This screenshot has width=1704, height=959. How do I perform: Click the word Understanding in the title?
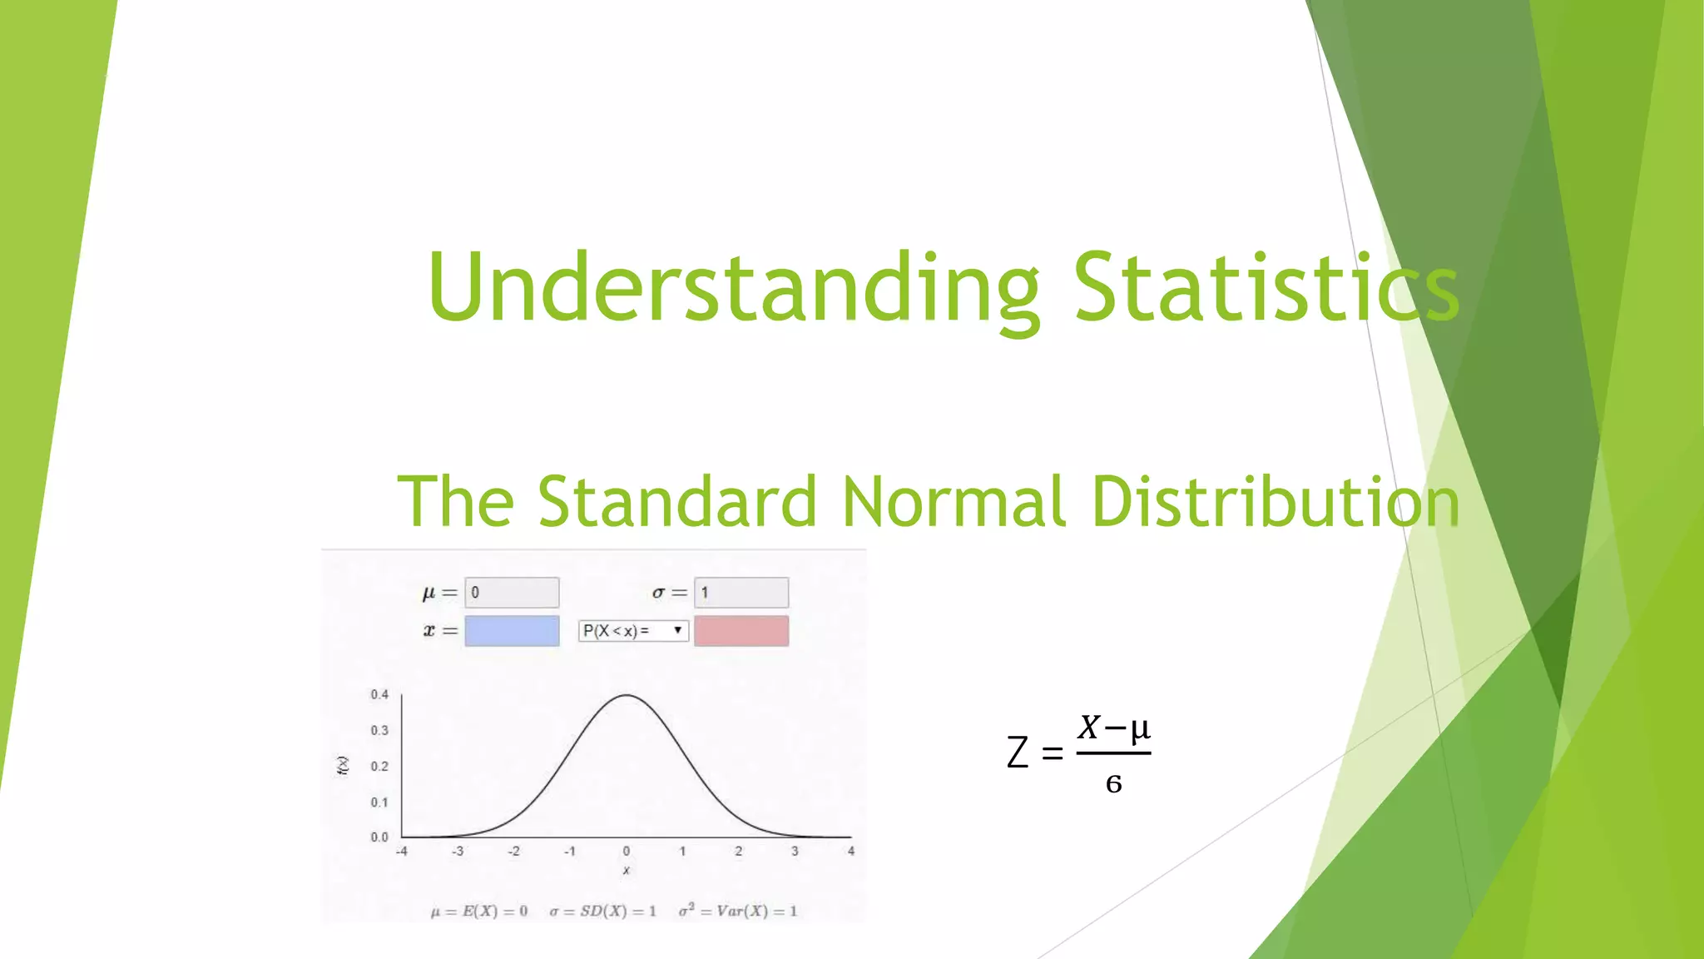point(732,287)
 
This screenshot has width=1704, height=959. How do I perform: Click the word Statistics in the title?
point(1265,287)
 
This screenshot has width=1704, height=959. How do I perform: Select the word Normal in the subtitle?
point(953,501)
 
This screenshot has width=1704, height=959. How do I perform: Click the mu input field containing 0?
point(512,593)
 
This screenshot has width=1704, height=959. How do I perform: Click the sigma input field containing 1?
point(741,593)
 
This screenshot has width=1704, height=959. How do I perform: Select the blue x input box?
point(512,631)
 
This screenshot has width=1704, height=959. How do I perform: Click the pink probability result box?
point(741,631)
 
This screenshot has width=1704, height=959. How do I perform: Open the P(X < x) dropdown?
point(633,631)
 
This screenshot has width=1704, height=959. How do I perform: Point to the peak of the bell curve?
point(627,695)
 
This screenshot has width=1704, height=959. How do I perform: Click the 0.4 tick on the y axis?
point(379,694)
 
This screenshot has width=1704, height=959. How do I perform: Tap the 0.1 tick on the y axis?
point(379,802)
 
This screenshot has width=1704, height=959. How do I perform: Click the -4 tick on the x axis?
point(401,851)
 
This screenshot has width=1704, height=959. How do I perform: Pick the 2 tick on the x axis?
point(738,851)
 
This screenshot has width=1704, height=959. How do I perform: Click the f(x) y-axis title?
point(343,766)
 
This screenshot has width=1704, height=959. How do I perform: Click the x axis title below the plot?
point(626,870)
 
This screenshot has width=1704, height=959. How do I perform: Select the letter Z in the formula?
point(1018,753)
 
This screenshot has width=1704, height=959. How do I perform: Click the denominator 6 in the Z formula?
point(1113,783)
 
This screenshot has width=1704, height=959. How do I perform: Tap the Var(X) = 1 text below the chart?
point(738,911)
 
